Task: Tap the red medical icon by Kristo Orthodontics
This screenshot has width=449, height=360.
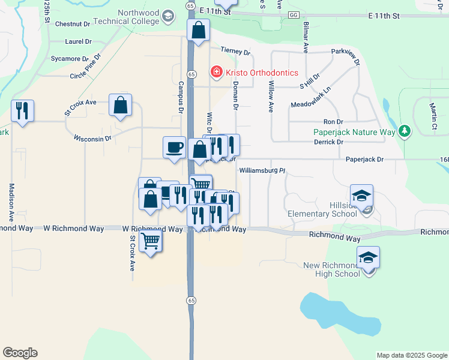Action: pos(215,73)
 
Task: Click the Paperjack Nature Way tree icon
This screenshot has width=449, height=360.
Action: pos(405,131)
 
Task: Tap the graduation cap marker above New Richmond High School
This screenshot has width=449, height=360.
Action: pos(368,258)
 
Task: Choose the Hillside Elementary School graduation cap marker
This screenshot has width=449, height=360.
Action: pos(361,196)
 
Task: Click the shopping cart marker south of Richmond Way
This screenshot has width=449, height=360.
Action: pos(150,241)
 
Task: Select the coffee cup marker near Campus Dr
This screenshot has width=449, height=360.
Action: pos(175,147)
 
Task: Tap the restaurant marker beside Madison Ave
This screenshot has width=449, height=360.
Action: pos(22,110)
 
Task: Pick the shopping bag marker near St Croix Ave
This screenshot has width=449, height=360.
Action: pos(121,105)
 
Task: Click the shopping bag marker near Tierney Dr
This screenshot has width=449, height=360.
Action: pos(197,31)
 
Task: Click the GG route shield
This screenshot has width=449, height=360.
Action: pos(293,14)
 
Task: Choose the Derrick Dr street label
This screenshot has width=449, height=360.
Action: pos(328,142)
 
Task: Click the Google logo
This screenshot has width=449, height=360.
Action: pos(20,353)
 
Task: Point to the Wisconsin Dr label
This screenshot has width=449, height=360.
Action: pos(93,137)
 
